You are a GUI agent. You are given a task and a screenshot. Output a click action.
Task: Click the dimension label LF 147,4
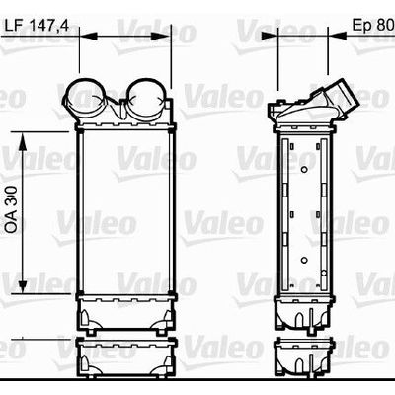(37, 26)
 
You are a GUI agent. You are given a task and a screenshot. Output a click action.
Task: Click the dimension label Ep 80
(373, 25)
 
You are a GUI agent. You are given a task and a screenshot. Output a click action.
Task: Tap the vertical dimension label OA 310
(12, 209)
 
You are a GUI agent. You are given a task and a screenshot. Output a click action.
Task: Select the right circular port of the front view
(145, 98)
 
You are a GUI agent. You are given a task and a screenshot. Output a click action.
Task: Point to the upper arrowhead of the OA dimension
(23, 141)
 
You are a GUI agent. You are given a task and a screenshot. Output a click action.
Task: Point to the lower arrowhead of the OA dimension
(23, 283)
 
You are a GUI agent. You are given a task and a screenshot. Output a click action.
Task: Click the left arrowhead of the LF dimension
(89, 36)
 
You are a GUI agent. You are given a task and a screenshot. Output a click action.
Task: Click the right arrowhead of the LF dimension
(162, 36)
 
